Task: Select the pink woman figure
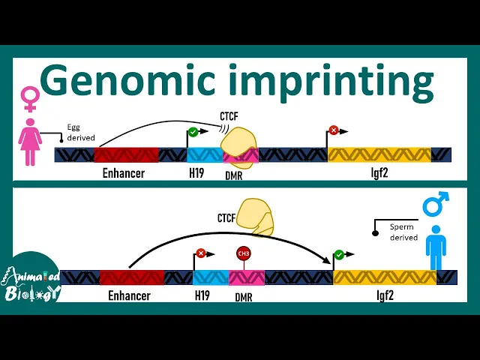(30, 142)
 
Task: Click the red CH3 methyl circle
(244, 253)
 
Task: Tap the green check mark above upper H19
(193, 132)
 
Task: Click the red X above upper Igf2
(334, 130)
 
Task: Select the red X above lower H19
(200, 253)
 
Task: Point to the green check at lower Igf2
(339, 255)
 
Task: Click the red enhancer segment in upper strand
(125, 155)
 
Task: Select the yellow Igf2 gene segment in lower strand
(384, 277)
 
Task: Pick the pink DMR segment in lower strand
(246, 277)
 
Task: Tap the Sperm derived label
(403, 232)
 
